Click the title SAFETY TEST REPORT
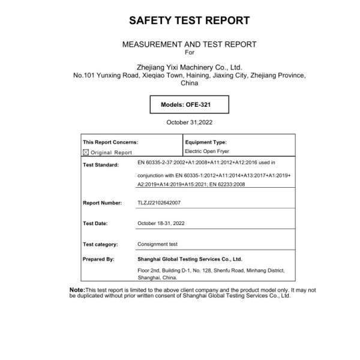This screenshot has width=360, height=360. pyautogui.click(x=189, y=20)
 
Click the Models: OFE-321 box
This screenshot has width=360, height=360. pyautogui.click(x=185, y=104)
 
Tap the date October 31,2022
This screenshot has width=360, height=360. pyautogui.click(x=189, y=122)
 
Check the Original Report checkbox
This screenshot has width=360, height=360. pyautogui.click(x=85, y=152)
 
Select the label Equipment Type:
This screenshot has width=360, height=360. pyautogui.click(x=206, y=142)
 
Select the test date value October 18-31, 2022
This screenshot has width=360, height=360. pyautogui.click(x=161, y=223)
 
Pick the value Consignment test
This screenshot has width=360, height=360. pyautogui.click(x=157, y=244)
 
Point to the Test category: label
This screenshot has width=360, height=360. pyautogui.click(x=100, y=244)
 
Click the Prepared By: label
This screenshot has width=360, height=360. pyautogui.click(x=98, y=259)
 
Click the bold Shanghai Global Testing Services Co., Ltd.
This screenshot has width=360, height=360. pyautogui.click(x=190, y=259)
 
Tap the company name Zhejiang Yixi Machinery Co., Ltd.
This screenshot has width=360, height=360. pyautogui.click(x=189, y=68)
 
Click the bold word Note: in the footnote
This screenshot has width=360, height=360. pyautogui.click(x=77, y=290)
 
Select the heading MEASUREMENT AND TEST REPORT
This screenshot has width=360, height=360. pyautogui.click(x=189, y=44)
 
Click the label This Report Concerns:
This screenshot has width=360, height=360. pyautogui.click(x=110, y=142)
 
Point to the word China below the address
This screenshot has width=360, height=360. pyautogui.click(x=189, y=83)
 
